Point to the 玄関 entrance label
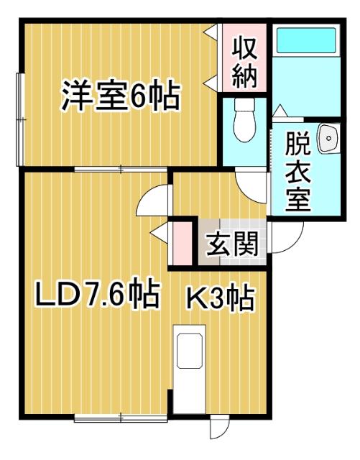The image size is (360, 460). coord(231,245)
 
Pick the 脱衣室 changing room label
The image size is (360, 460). coord(299,172)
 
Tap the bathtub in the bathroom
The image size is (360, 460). coord(305,39)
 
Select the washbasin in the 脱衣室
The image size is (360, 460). coord(327,138)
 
